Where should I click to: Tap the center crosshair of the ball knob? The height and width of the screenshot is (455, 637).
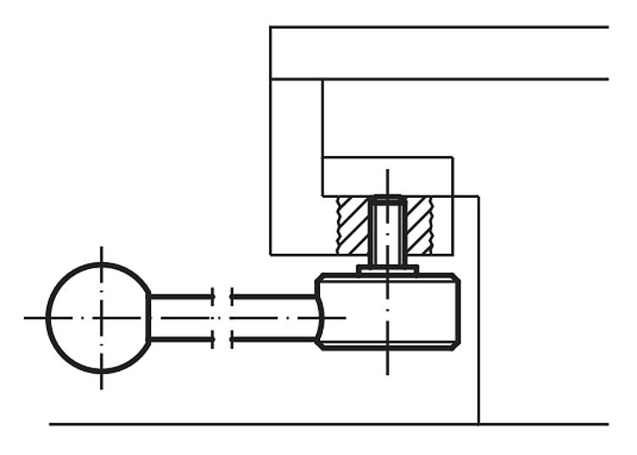pyautogui.click(x=101, y=317)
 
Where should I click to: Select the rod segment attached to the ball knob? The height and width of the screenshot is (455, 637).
pyautogui.click(x=180, y=317)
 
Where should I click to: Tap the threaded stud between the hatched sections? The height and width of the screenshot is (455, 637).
pyautogui.click(x=387, y=229)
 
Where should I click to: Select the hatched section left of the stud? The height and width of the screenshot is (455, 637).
pyautogui.click(x=352, y=225)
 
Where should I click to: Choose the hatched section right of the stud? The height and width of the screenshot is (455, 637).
pyautogui.click(x=420, y=225)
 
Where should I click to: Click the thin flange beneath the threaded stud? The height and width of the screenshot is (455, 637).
pyautogui.click(x=387, y=270)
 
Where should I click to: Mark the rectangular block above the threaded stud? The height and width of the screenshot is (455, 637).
pyautogui.click(x=386, y=177)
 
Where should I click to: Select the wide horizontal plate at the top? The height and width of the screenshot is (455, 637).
pyautogui.click(x=438, y=53)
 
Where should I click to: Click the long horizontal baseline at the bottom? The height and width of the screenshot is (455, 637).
pyautogui.click(x=255, y=424)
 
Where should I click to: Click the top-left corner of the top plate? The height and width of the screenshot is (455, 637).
pyautogui.click(x=271, y=27)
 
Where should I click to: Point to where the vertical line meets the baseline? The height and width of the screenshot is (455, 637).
pyautogui.click(x=479, y=424)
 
